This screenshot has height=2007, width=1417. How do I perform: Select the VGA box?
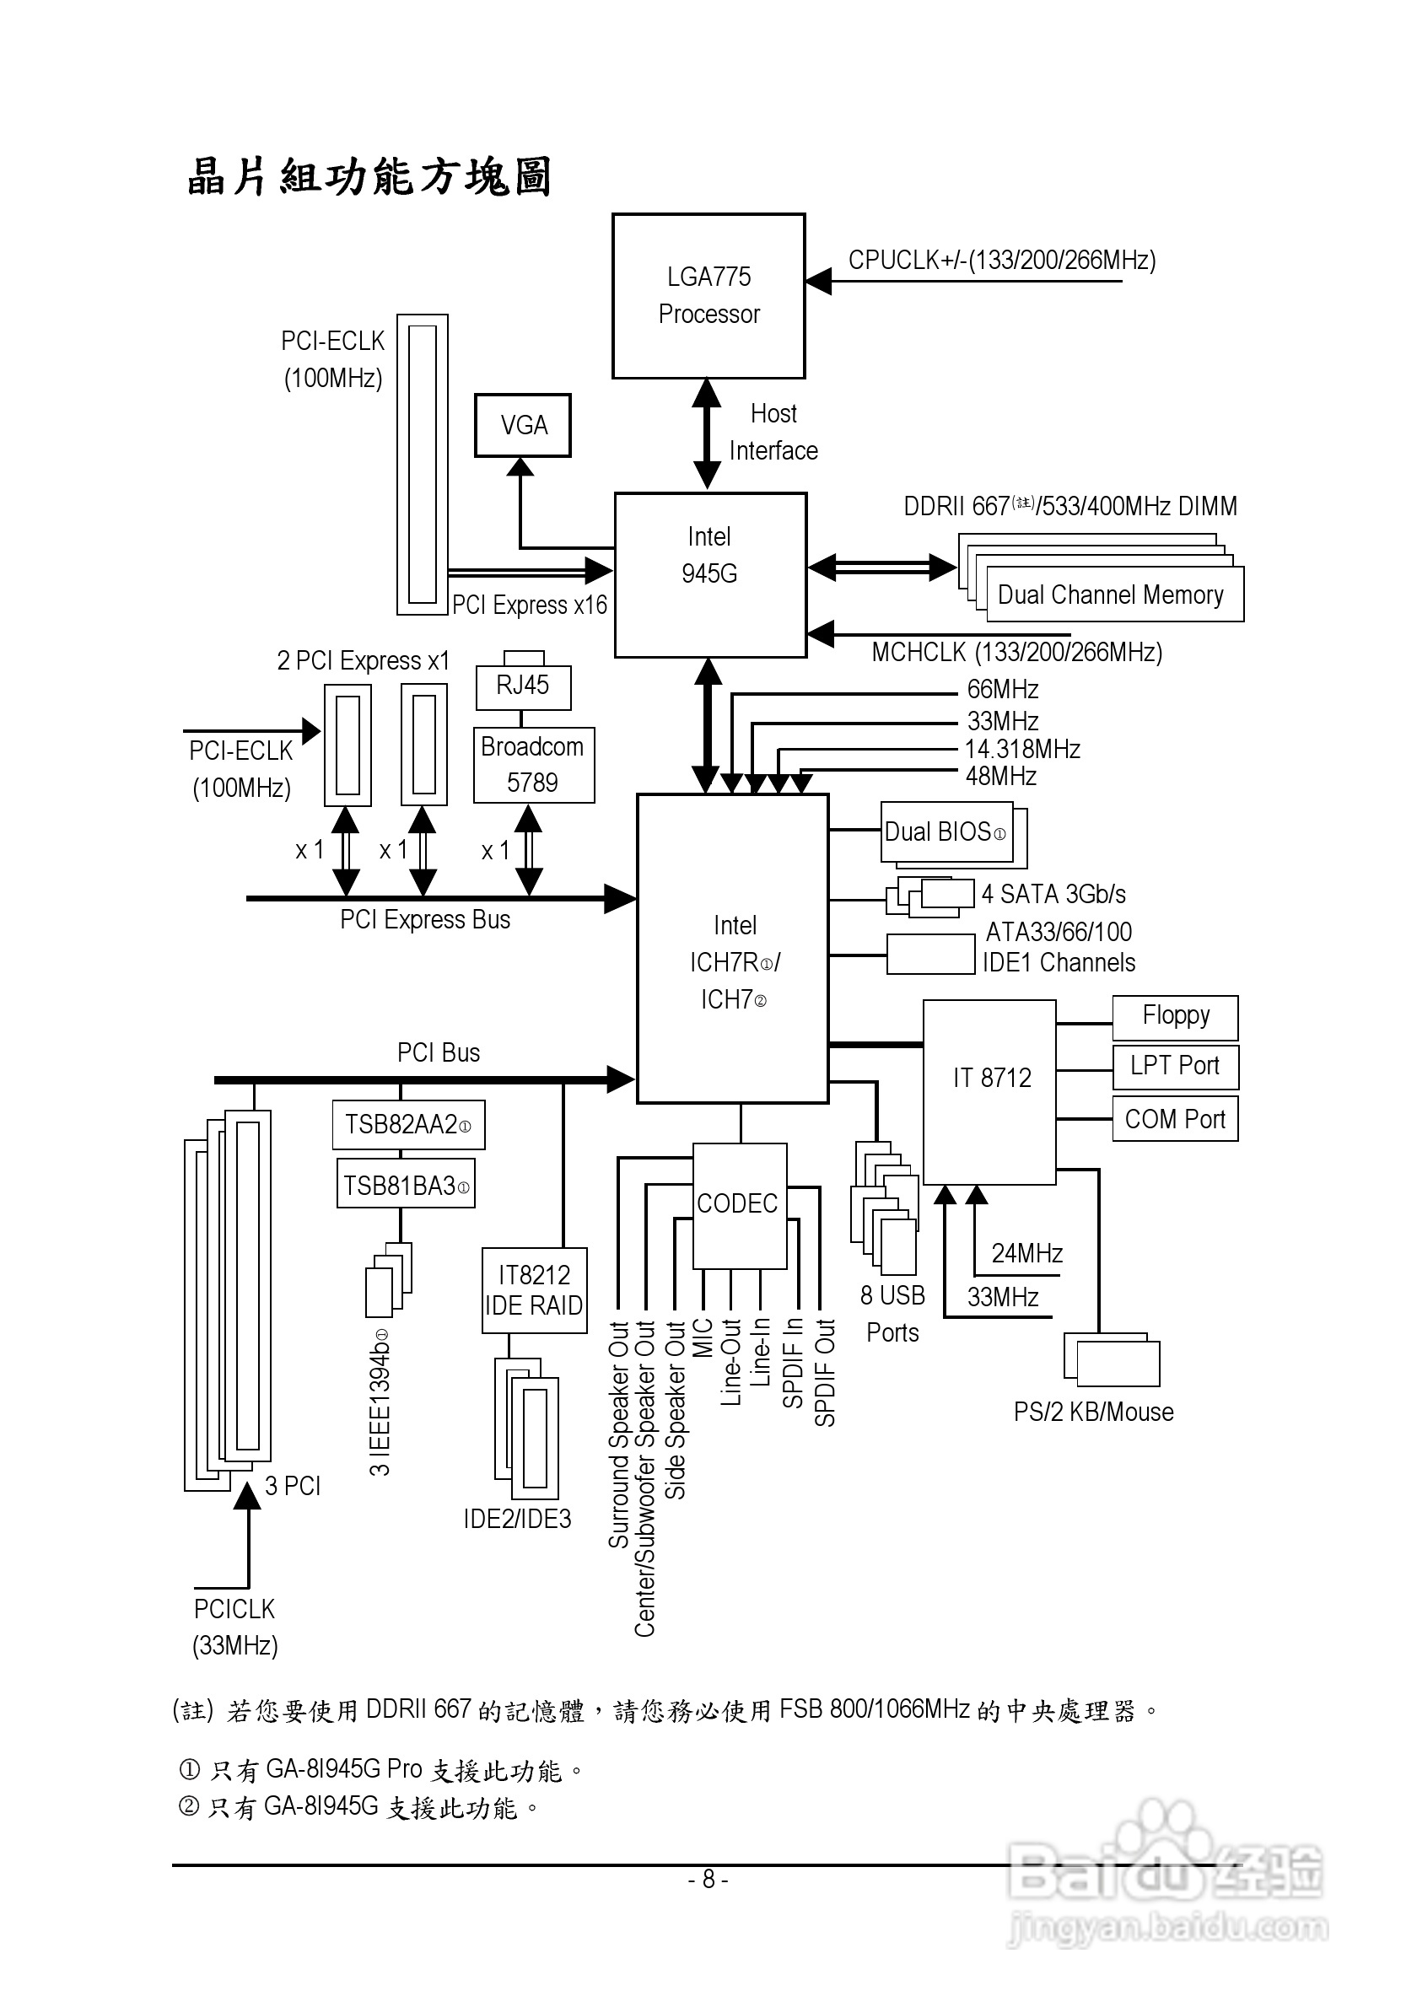pyautogui.click(x=523, y=426)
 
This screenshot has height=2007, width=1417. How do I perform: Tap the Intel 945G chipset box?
pyautogui.click(x=710, y=574)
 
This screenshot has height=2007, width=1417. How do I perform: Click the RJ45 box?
pyautogui.click(x=523, y=686)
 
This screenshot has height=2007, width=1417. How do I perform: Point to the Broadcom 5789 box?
pyautogui.click(x=533, y=765)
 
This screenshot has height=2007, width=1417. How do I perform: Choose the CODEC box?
pyautogui.click(x=739, y=1205)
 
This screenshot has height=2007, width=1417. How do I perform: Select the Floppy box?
pyautogui.click(x=1175, y=1017)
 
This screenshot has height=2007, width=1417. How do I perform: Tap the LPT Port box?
pyautogui.click(x=1175, y=1067)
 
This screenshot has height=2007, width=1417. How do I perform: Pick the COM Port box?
pyautogui.click(x=1175, y=1119)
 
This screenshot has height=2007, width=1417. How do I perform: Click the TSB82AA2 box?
pyautogui.click(x=408, y=1124)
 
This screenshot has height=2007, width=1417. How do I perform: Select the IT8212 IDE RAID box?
pyautogui.click(x=534, y=1290)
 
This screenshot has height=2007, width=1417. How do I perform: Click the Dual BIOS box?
pyautogui.click(x=946, y=832)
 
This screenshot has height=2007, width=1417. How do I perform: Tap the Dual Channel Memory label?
pyautogui.click(x=1111, y=595)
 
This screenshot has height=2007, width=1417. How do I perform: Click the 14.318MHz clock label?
pyautogui.click(x=1022, y=749)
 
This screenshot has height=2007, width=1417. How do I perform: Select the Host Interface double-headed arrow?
pyautogui.click(x=706, y=433)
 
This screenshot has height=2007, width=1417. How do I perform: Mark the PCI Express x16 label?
pyautogui.click(x=529, y=605)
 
